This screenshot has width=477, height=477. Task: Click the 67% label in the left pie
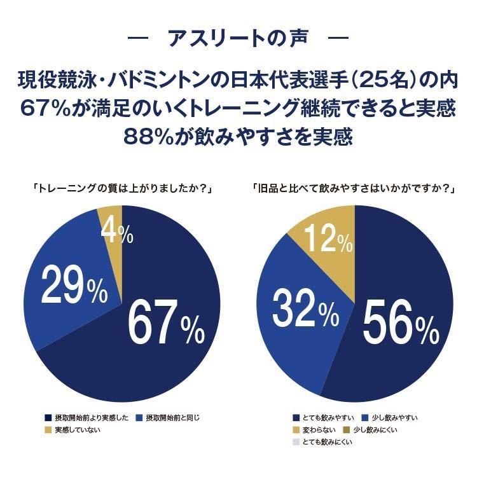(167, 322)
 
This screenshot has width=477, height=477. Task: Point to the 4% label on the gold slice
(118, 233)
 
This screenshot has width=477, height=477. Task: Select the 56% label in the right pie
(400, 322)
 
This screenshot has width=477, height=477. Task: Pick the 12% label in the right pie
(327, 240)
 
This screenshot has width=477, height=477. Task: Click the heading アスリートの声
(238, 38)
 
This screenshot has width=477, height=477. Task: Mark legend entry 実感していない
(77, 430)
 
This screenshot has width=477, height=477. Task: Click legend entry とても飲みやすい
(326, 418)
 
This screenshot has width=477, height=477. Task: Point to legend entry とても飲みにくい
(326, 442)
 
